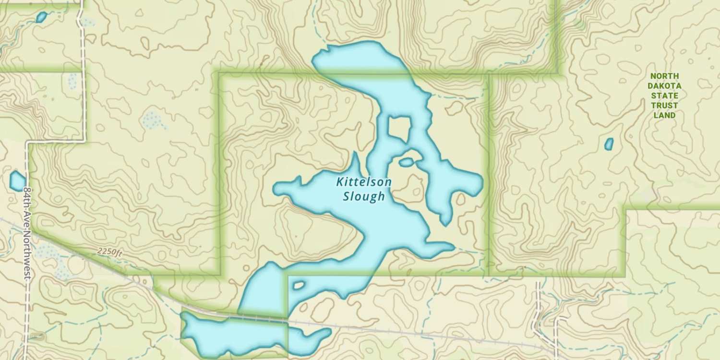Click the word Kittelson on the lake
(x=364, y=182)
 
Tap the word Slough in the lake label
(x=364, y=196)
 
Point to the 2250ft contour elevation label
(x=110, y=251)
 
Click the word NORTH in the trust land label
(x=664, y=76)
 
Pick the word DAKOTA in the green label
(x=664, y=86)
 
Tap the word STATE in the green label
(x=664, y=96)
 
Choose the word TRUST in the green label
(x=664, y=106)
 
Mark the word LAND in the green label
(x=664, y=115)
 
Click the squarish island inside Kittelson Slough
(x=399, y=128)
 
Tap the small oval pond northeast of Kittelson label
(x=406, y=162)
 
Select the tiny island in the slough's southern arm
(x=299, y=285)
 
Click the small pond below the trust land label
(x=609, y=144)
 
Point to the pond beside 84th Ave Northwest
(x=17, y=181)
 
